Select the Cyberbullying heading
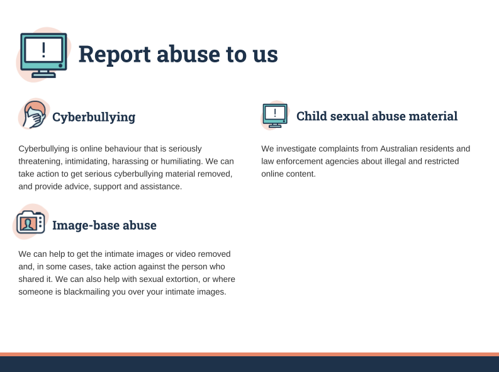(x=94, y=117)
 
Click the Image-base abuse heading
(x=104, y=225)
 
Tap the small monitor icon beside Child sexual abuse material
(x=275, y=115)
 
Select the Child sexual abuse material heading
(x=377, y=116)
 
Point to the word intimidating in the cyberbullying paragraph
(x=87, y=161)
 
